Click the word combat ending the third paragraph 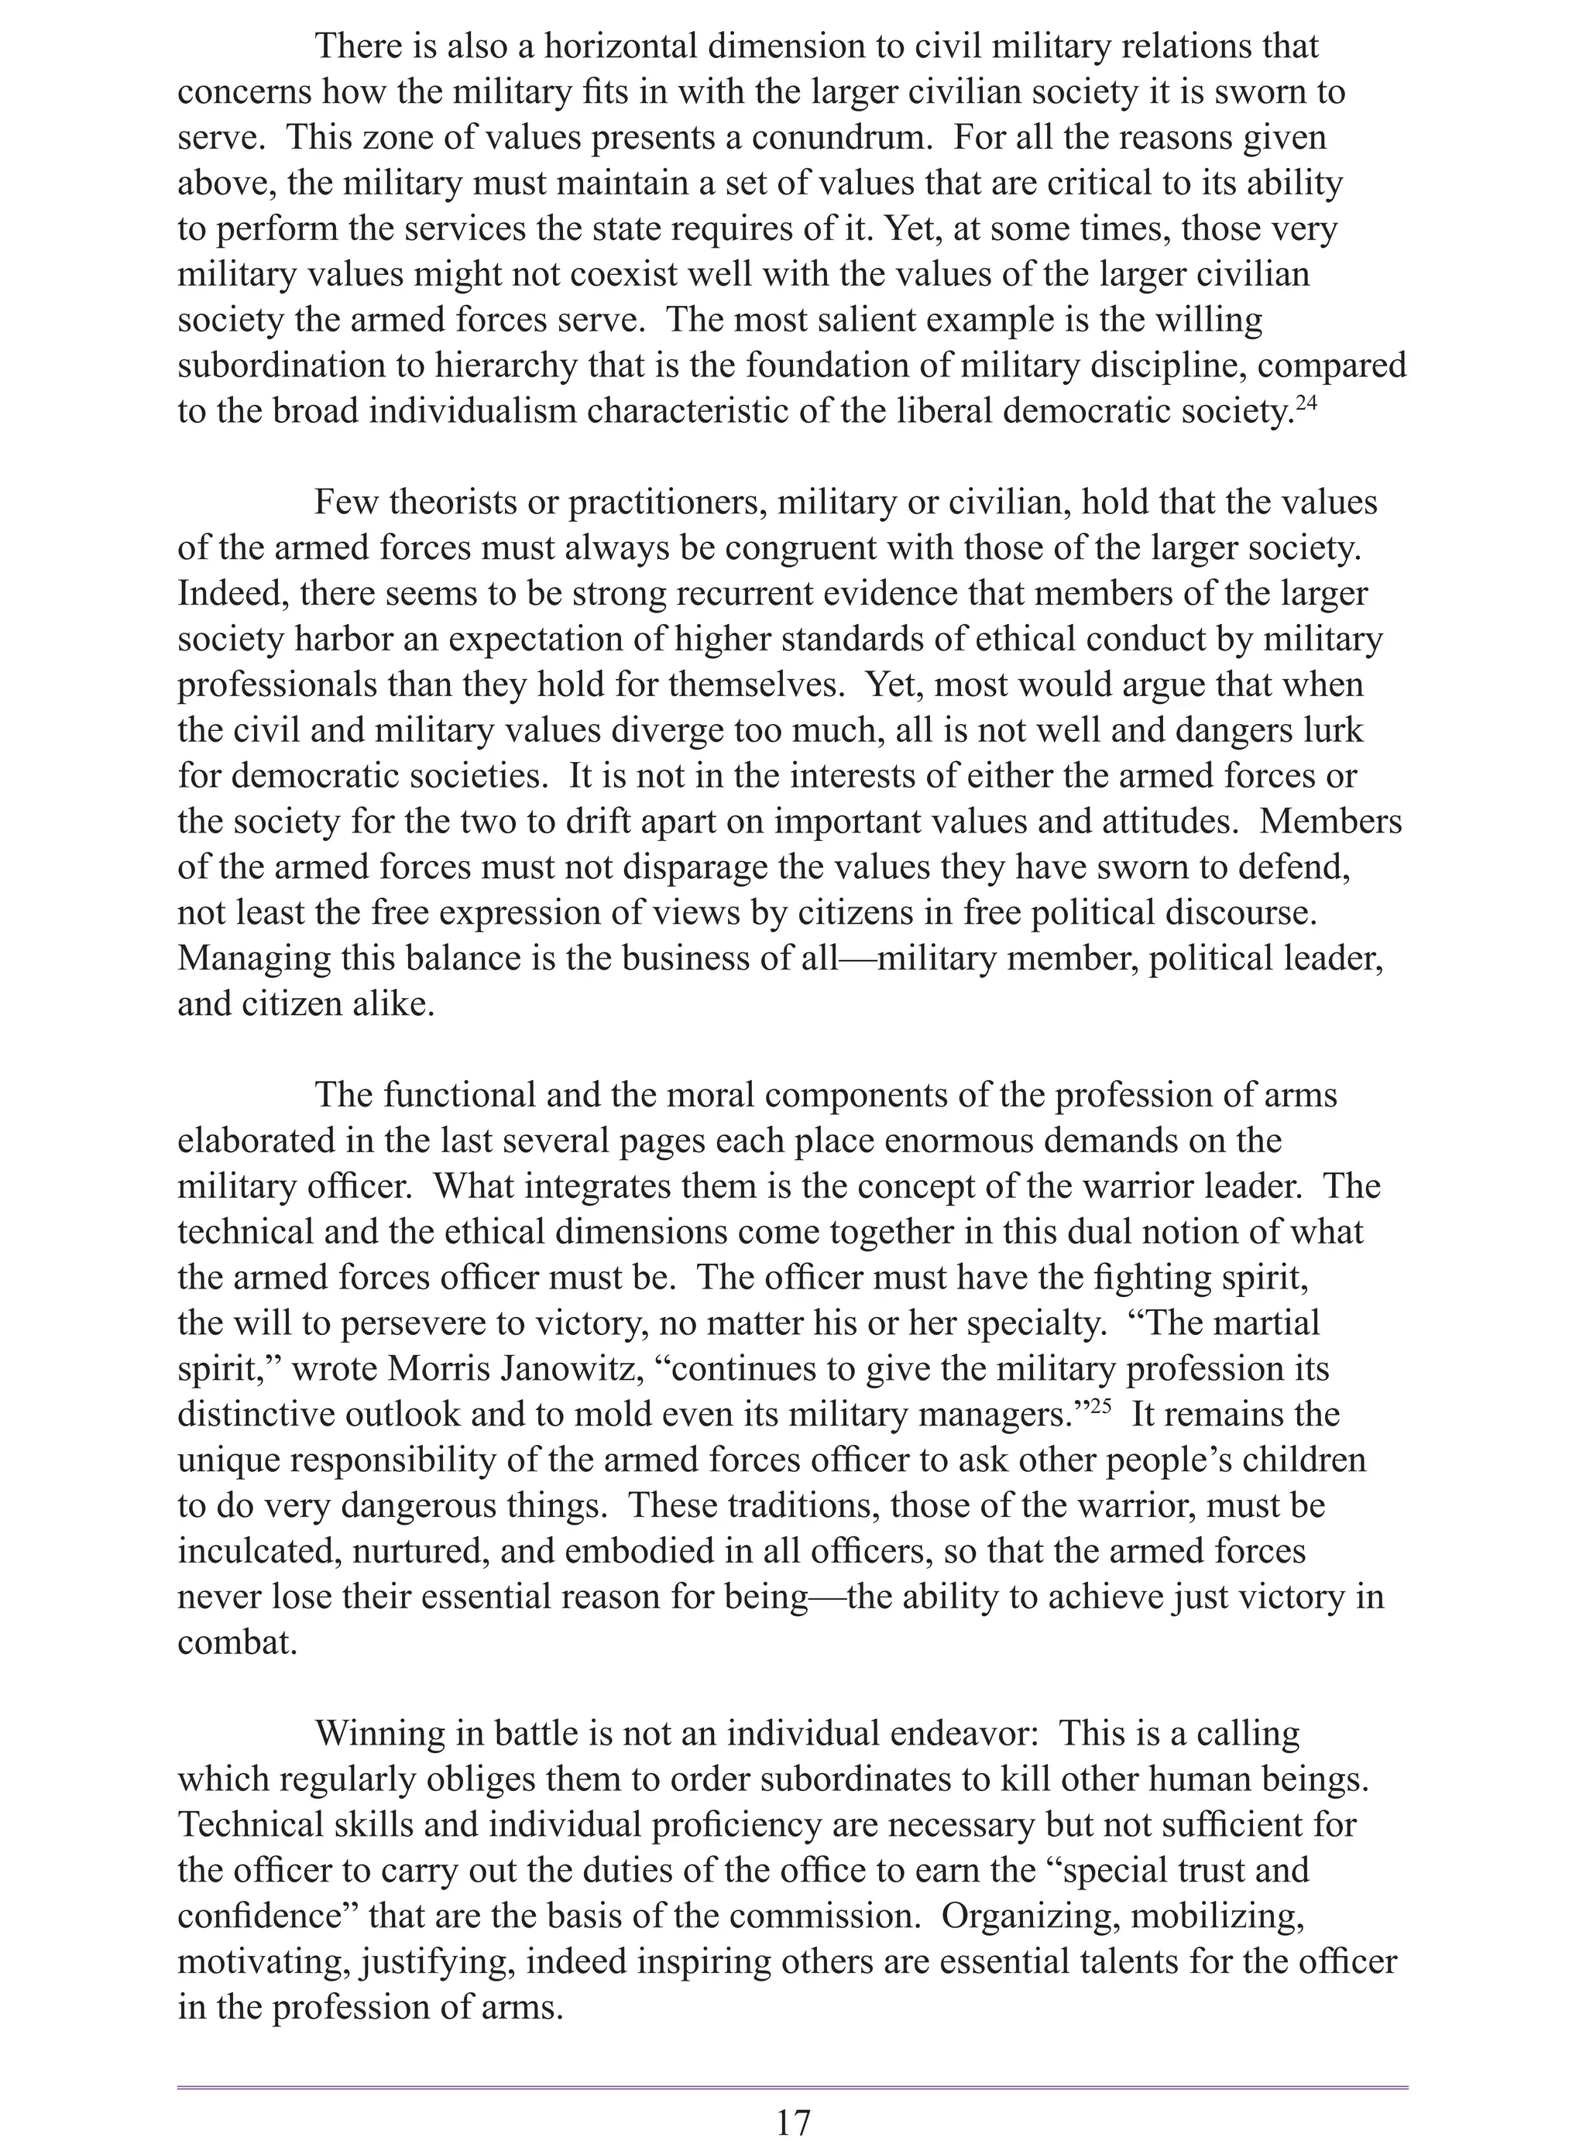click(235, 1642)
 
